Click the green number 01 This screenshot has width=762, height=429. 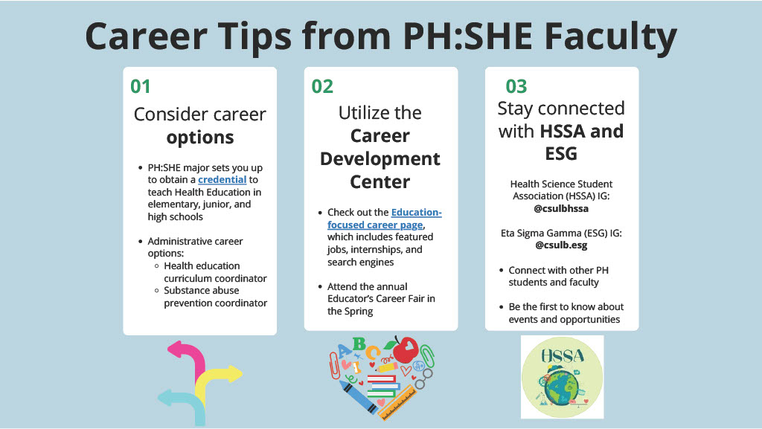click(x=141, y=86)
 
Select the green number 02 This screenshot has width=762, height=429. click(x=322, y=86)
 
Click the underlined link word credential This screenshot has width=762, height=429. click(x=222, y=180)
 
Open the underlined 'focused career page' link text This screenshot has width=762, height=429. click(x=376, y=225)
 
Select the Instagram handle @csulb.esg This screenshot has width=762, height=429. click(x=562, y=245)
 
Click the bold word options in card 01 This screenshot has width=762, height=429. click(x=199, y=138)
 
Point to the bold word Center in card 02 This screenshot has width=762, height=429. click(x=380, y=181)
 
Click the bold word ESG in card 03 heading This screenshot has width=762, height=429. click(x=562, y=154)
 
